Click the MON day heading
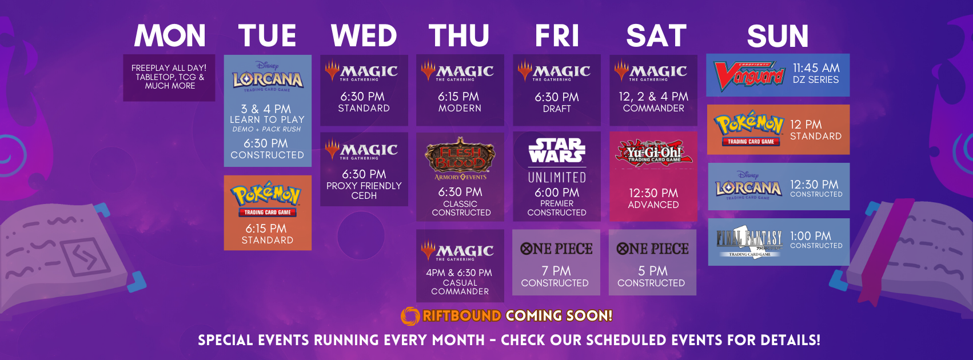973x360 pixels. point(170,35)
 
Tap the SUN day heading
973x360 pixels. point(777,35)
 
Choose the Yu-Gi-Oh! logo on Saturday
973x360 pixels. point(653,153)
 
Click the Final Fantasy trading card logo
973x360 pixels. point(749,242)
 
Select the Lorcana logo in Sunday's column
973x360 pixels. point(748,185)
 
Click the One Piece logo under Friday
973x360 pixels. point(556,249)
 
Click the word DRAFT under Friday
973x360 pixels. point(557,109)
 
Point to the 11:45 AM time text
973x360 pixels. point(816,68)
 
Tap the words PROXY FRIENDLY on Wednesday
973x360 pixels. point(364,186)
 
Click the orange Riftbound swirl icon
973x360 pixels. point(410,316)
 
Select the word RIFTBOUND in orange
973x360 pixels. point(462,315)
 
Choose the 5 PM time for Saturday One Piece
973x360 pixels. point(652,271)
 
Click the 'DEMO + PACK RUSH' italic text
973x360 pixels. point(266,129)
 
